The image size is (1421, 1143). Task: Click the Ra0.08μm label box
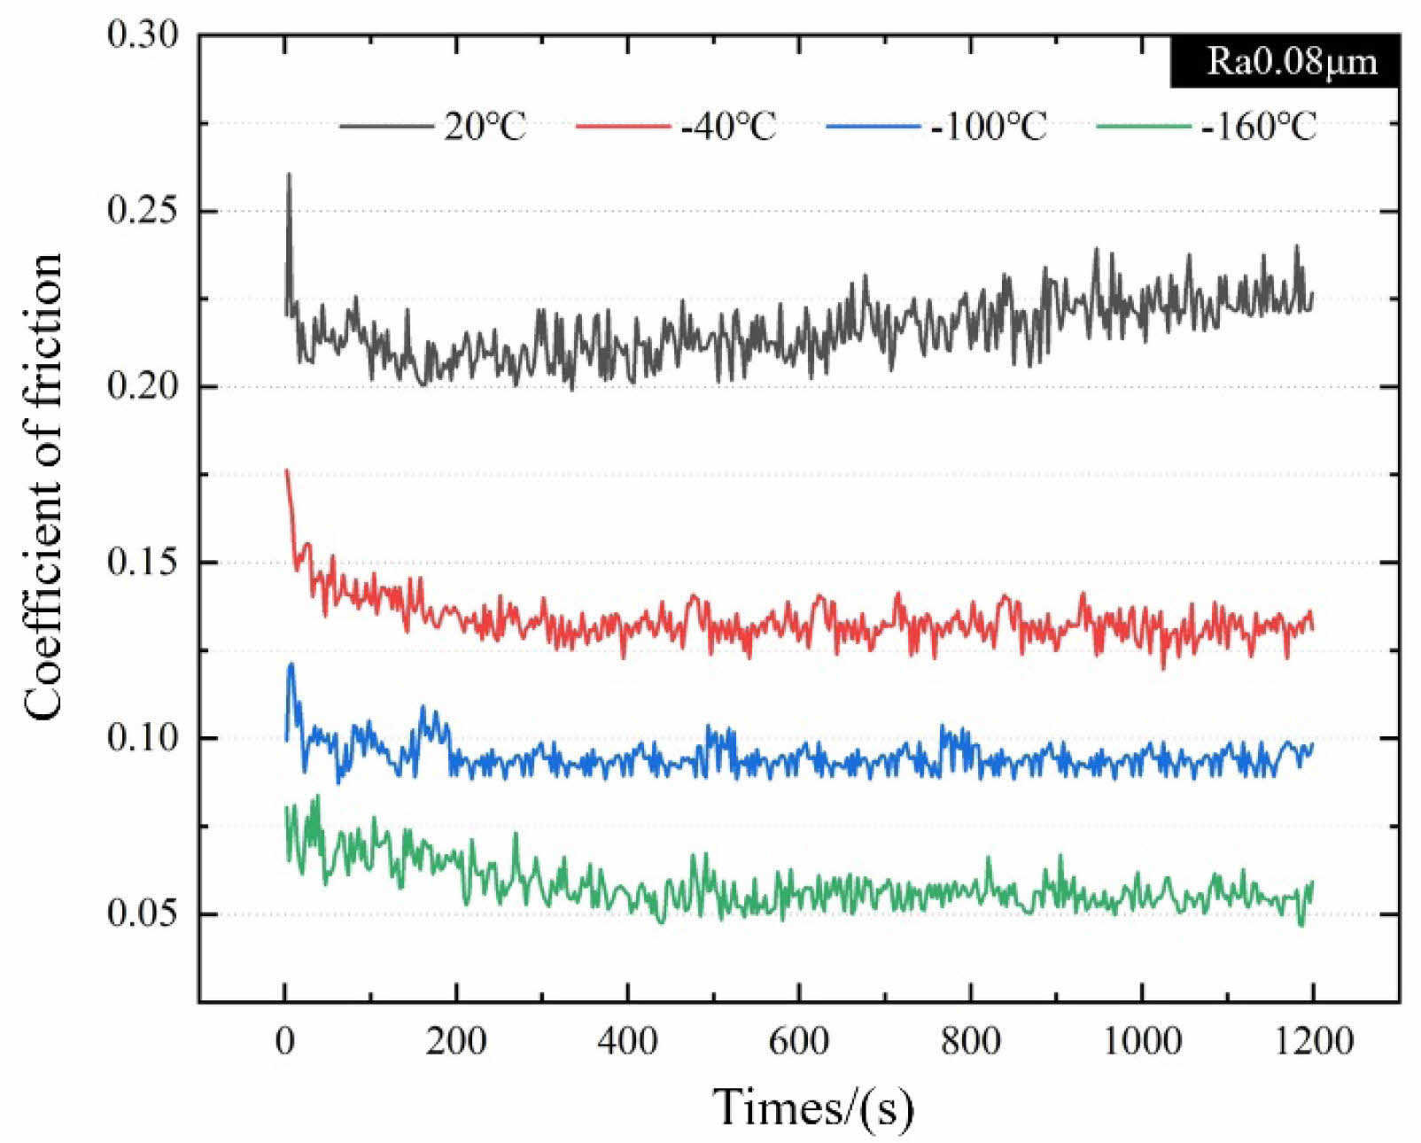[x=1285, y=61]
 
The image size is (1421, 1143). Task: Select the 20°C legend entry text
[x=485, y=127]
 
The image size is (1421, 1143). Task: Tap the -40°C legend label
[x=727, y=127]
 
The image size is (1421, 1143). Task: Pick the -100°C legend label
[x=988, y=127]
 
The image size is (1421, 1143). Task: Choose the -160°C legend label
[x=1258, y=127]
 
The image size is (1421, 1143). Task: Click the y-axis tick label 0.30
[x=143, y=35]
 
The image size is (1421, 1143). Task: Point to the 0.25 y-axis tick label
[x=143, y=211]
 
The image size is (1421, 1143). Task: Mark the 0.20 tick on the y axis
[x=143, y=386]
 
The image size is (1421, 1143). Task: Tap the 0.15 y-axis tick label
[x=143, y=562]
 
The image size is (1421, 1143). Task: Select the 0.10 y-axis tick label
[x=143, y=737]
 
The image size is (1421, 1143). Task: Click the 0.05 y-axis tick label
[x=143, y=913]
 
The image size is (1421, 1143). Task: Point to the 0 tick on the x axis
[x=284, y=1040]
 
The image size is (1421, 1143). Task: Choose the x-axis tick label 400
[x=627, y=1040]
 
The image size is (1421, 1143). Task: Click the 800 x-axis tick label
[x=970, y=1040]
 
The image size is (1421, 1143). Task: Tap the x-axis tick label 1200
[x=1314, y=1040]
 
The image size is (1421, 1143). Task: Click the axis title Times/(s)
[x=812, y=1107]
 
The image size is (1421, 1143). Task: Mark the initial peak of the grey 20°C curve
[x=289, y=175]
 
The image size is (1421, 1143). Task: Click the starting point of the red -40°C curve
[x=285, y=470]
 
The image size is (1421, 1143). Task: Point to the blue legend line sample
[x=873, y=127]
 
